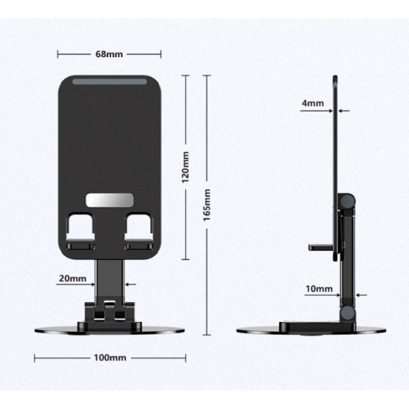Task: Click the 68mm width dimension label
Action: point(109,54)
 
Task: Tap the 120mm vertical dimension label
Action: point(186,167)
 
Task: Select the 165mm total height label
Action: point(207,204)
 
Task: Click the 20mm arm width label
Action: point(73,279)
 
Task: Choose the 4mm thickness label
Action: point(313,103)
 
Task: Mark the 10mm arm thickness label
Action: point(319,289)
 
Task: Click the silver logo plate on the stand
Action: point(109,200)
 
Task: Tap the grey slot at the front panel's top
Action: point(109,84)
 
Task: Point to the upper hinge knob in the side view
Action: point(349,203)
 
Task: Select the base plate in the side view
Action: point(311,329)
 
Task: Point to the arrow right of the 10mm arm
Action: point(359,296)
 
